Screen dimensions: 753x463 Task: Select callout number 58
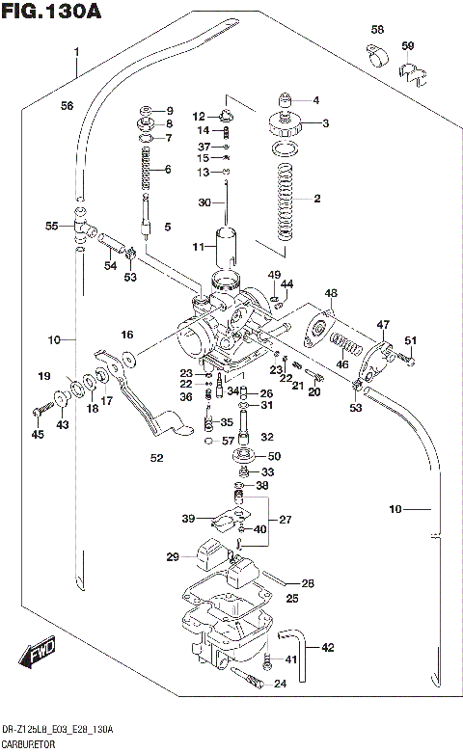point(377,30)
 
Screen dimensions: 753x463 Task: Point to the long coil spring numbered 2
point(286,203)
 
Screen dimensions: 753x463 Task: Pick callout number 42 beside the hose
point(327,647)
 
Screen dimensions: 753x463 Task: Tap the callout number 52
point(156,458)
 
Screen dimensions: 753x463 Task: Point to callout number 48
point(331,293)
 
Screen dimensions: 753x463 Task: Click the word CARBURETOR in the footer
point(31,745)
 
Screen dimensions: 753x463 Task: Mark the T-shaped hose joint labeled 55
point(81,228)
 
